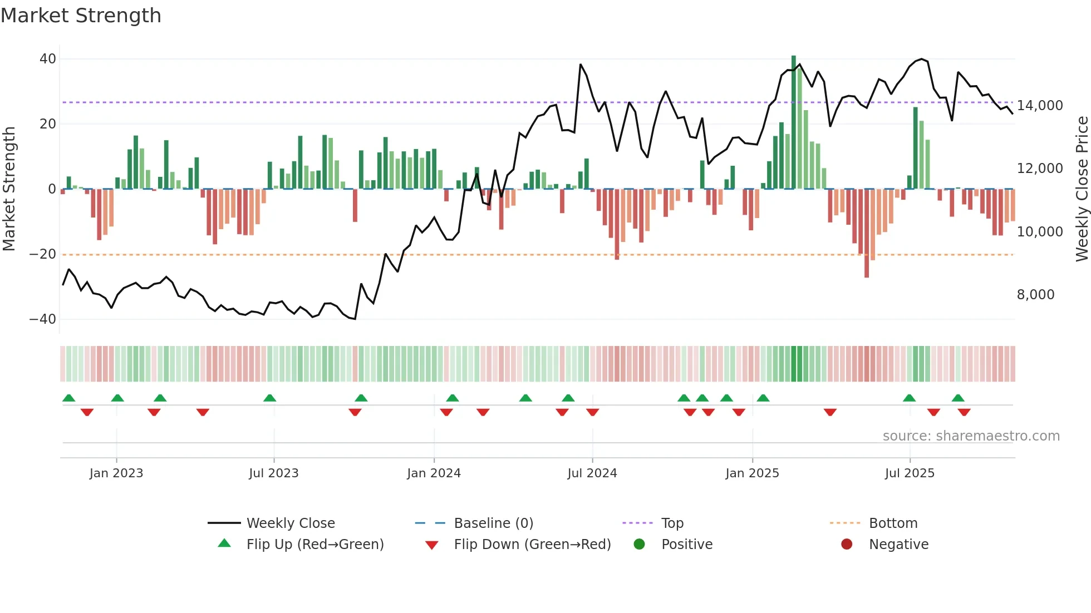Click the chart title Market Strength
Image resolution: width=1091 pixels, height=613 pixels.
(x=81, y=16)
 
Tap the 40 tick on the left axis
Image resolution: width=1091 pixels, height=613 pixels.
(x=48, y=59)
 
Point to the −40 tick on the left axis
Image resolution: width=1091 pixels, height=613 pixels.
(x=43, y=319)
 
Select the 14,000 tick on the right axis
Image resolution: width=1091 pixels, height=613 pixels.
(x=1040, y=106)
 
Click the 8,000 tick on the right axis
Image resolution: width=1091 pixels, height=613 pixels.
(x=1035, y=295)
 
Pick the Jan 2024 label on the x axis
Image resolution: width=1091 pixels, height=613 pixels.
(x=434, y=473)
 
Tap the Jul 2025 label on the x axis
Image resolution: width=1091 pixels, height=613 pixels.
(x=910, y=473)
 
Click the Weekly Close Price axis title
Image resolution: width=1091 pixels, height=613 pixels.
(x=1082, y=189)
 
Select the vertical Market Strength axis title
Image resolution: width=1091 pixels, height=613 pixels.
(x=9, y=189)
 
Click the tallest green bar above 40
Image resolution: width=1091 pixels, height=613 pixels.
(x=794, y=122)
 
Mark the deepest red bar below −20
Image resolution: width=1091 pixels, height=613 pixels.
(x=867, y=234)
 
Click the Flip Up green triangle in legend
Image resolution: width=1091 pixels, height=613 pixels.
(x=224, y=543)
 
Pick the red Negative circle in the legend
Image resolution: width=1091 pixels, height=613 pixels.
(x=847, y=544)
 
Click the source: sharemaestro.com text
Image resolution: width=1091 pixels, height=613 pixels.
(x=971, y=436)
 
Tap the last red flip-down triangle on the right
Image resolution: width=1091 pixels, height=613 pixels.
(x=964, y=412)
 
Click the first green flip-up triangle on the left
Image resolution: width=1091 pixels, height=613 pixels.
(x=69, y=398)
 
